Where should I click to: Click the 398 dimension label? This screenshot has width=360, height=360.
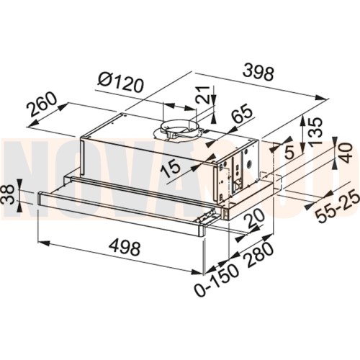(259, 73)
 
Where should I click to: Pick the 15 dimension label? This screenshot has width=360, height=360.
(171, 168)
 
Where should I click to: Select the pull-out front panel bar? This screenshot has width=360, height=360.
(122, 205)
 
